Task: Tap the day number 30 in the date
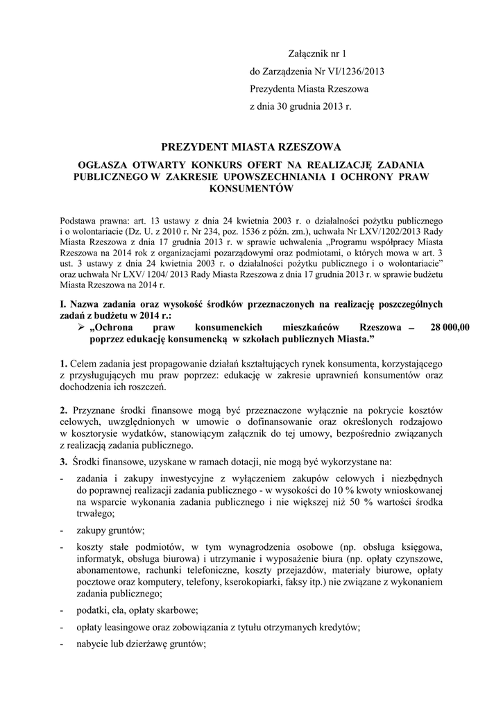click(x=282, y=108)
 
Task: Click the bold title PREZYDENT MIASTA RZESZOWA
click(x=251, y=147)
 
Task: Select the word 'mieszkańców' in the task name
click(x=311, y=327)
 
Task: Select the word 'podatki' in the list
click(x=93, y=611)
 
